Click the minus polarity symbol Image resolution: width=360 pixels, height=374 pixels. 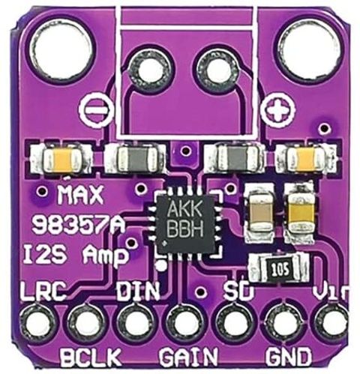click(96, 110)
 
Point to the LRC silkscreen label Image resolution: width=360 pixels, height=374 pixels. click(44, 292)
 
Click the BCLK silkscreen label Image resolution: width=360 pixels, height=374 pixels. click(91, 357)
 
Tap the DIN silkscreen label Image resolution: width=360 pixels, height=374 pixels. click(138, 291)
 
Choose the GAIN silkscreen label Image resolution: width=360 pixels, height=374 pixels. click(189, 357)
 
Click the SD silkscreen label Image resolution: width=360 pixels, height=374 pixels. click(238, 291)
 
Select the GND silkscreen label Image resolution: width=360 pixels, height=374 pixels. click(289, 357)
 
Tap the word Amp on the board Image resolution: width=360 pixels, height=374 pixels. click(104, 256)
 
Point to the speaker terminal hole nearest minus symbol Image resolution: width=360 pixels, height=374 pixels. click(151, 70)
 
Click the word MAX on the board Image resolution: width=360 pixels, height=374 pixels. click(80, 195)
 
